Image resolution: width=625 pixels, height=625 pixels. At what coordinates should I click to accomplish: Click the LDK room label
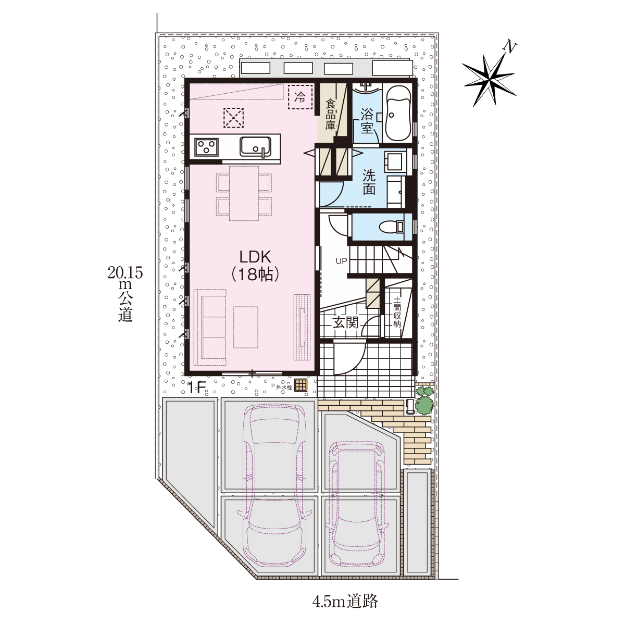pos(255,266)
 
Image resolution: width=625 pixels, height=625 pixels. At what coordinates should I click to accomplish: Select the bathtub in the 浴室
pos(397,113)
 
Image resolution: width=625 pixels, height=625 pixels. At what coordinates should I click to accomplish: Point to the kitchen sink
pos(256,147)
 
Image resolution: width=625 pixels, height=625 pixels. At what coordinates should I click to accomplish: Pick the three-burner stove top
pos(206,147)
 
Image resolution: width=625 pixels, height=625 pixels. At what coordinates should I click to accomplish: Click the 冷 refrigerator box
pos(300,97)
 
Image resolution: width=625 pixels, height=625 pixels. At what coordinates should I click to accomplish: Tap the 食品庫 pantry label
pos(330,115)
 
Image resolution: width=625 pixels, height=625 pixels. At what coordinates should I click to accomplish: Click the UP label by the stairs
pos(341,260)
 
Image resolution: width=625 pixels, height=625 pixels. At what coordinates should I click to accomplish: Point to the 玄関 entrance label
pos(345,323)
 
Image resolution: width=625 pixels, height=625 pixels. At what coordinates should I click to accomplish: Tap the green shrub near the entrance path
pos(424,401)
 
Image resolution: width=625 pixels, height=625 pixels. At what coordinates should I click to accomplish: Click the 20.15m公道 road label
pos(125,294)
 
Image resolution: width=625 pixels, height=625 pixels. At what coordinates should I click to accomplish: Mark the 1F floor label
pos(196,388)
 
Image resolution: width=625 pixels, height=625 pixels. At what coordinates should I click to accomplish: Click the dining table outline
pos(244,193)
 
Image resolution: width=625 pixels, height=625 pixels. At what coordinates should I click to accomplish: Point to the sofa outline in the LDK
pos(210,324)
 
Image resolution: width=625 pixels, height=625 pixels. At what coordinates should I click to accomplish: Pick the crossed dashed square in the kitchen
pos(233,118)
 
